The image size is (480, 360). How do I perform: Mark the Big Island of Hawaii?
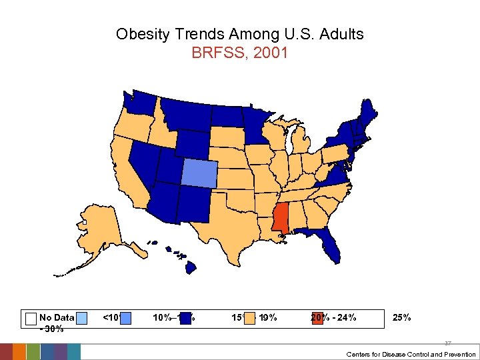tap(190, 267)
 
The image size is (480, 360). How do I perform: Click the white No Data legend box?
tap(31, 318)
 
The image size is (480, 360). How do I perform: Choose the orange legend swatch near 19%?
tap(249, 318)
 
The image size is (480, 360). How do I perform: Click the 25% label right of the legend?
tap(402, 317)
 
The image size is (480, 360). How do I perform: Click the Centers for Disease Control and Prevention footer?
tap(411, 354)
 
